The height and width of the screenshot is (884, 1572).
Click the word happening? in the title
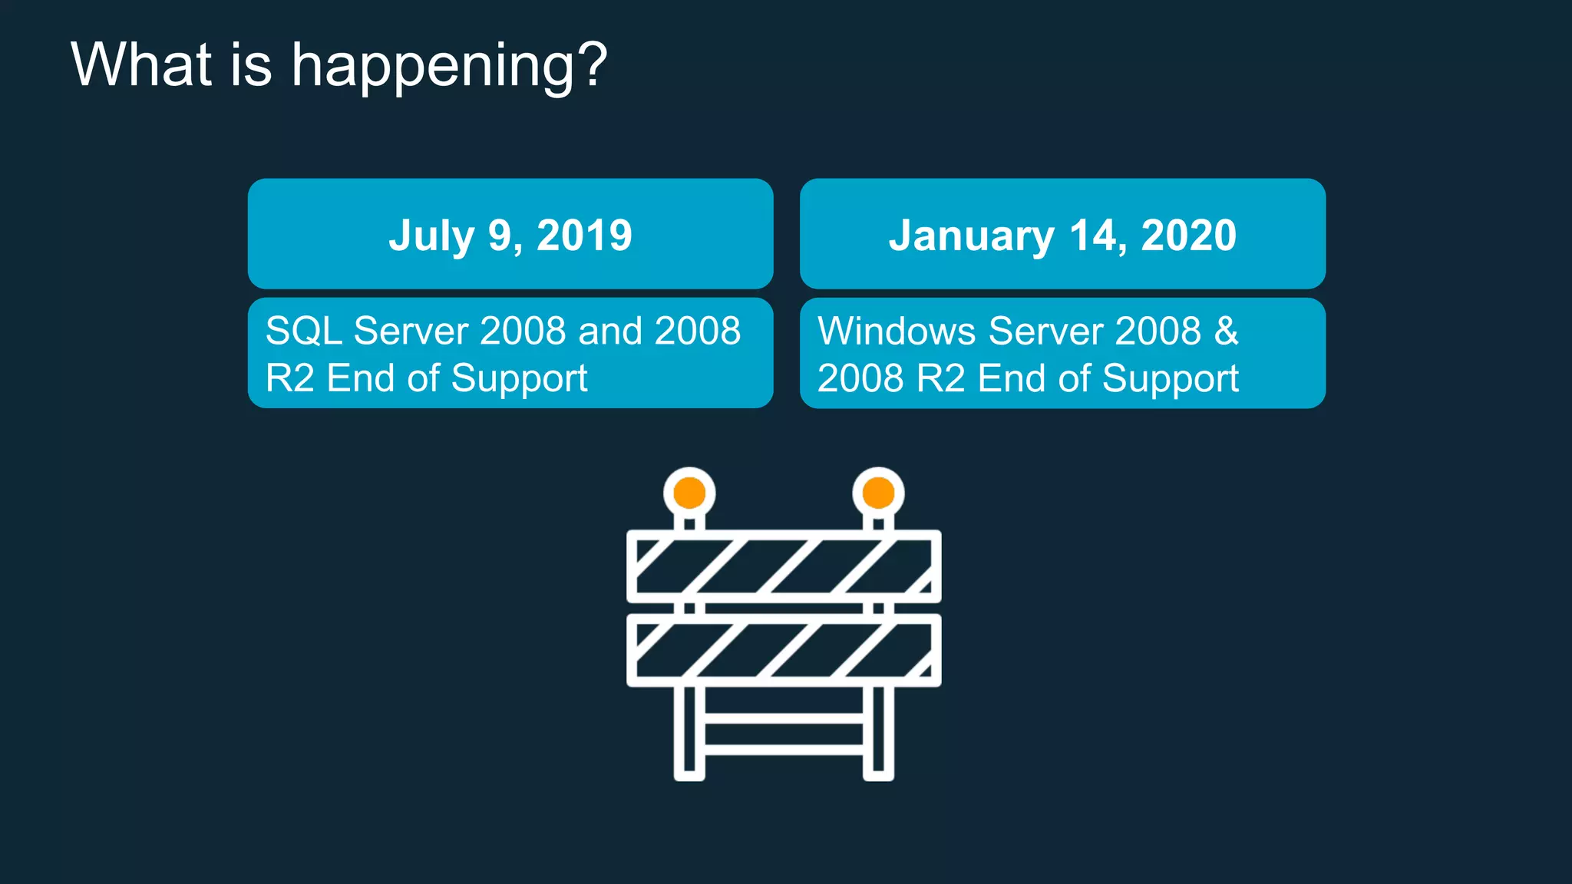(449, 67)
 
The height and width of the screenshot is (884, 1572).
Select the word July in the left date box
(431, 236)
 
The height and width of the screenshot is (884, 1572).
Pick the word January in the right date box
(971, 236)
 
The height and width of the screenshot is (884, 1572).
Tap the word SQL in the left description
(303, 331)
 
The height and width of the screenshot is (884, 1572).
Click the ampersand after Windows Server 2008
(1226, 331)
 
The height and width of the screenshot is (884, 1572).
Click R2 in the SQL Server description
(289, 378)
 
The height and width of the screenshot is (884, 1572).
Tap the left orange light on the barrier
(689, 493)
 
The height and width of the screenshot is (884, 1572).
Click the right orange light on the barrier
(878, 493)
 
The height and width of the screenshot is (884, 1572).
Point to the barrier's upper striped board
(784, 566)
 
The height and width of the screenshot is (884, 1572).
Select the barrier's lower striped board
(784, 650)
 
